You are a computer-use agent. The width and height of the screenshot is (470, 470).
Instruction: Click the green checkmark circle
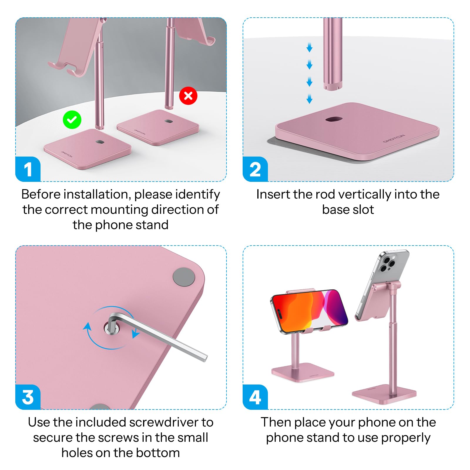72,120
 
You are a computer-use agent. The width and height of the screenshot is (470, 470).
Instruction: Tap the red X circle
188,96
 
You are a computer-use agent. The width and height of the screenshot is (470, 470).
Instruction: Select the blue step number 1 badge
28,169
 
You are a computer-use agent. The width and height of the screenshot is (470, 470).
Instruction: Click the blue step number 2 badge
255,169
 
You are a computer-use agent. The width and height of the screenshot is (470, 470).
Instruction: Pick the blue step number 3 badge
28,397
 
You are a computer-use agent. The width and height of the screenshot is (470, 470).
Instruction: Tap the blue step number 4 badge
255,397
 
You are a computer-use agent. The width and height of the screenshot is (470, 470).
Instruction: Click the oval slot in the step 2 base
334,119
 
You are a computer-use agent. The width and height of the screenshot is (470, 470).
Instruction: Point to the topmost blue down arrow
309,47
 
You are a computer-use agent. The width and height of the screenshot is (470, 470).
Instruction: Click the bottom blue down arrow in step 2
309,99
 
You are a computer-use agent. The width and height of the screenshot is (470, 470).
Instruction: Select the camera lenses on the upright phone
387,263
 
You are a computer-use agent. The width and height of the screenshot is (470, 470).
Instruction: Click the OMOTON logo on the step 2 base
394,139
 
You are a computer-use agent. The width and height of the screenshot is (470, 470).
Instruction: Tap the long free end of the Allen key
205,358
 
